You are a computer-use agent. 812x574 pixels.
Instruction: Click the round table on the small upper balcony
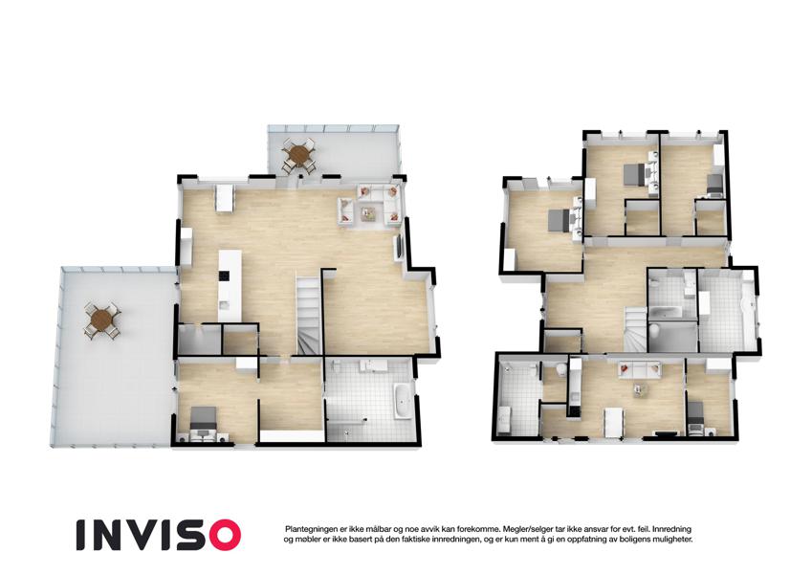(298, 154)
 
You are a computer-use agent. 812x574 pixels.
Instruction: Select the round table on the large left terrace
(102, 320)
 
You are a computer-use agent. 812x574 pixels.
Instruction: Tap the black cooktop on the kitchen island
(224, 276)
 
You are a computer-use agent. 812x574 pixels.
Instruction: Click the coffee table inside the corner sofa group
(369, 212)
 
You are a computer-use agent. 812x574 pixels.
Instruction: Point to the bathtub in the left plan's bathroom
(402, 401)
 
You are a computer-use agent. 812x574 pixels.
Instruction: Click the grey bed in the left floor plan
(203, 420)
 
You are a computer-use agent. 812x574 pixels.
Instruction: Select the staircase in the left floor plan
(309, 316)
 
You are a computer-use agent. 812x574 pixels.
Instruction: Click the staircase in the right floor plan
(635, 329)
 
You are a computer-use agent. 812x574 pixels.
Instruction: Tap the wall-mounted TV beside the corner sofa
(399, 249)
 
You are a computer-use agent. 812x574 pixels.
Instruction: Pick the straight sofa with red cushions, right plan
(640, 370)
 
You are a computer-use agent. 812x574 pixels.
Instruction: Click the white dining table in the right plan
(614, 422)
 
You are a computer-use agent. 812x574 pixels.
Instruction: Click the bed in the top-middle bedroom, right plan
(635, 173)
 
